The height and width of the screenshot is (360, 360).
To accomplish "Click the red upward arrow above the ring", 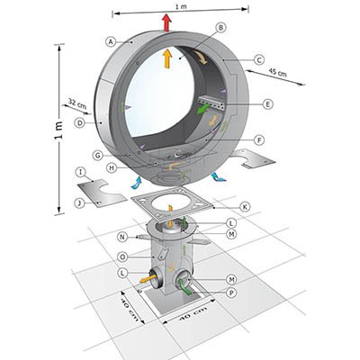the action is click(166, 22).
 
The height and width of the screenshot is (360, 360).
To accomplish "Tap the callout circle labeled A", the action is click(111, 41).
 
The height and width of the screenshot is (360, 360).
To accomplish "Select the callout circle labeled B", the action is click(220, 28).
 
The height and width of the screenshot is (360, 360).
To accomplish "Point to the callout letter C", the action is click(258, 59).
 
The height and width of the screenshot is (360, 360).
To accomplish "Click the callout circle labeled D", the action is click(79, 122).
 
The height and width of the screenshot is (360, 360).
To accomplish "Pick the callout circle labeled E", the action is click(267, 104).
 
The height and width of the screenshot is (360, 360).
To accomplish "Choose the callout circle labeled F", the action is click(259, 139).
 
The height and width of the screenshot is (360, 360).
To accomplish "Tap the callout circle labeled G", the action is click(97, 156).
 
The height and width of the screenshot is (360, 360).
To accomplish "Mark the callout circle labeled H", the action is click(112, 168).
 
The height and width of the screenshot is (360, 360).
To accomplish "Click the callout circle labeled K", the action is click(245, 207).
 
